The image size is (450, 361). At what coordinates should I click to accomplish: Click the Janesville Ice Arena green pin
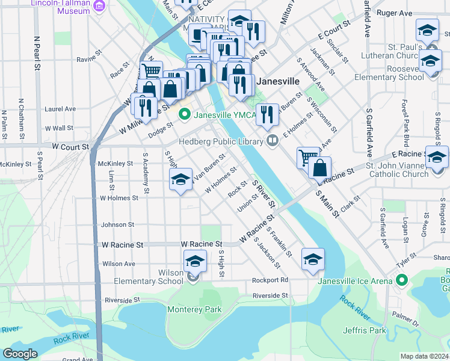pos(401,280)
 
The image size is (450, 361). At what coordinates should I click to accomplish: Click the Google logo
pos(20,354)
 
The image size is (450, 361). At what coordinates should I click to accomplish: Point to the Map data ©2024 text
pos(425,356)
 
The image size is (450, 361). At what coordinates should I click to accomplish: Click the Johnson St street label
pos(117,224)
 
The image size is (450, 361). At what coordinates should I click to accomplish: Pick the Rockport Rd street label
pos(270,280)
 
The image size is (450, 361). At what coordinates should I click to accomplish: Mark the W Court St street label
pos(70,146)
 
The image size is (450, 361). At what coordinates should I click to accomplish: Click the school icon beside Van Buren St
pos(180,179)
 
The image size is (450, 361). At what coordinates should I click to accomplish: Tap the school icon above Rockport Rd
pos(312,260)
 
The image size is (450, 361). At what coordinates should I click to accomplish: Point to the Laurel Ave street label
pos(60,109)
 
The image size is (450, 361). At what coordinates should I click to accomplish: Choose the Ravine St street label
pos(87,59)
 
